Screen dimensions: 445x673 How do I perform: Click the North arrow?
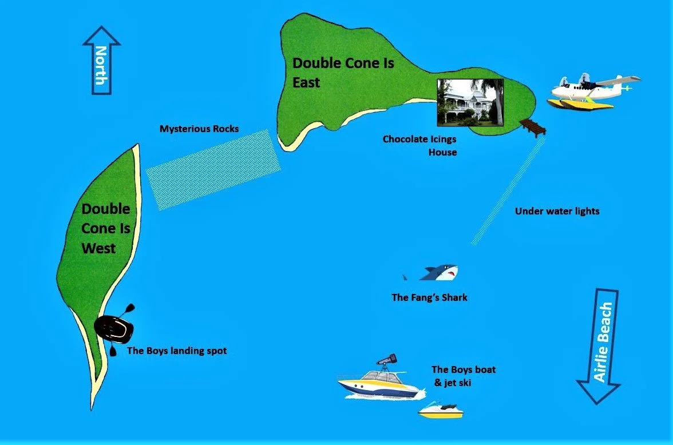point(101,60)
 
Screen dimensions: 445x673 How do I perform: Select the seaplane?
point(592,91)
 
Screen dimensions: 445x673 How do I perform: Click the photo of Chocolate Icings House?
point(470,102)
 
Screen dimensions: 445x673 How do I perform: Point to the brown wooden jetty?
point(533,128)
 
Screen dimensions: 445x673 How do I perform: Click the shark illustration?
point(435,273)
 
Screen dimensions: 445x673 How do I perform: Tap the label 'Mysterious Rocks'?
point(199,129)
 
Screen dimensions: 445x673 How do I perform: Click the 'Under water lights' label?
point(557,212)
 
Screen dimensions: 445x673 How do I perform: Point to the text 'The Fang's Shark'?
point(429,297)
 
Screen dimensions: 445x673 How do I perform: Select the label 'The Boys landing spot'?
point(177,351)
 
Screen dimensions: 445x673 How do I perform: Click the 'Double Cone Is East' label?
point(343,72)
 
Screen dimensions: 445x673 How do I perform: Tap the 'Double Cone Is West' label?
point(106,228)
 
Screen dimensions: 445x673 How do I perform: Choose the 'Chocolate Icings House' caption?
point(419,145)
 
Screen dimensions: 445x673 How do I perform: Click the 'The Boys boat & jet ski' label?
point(463,376)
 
